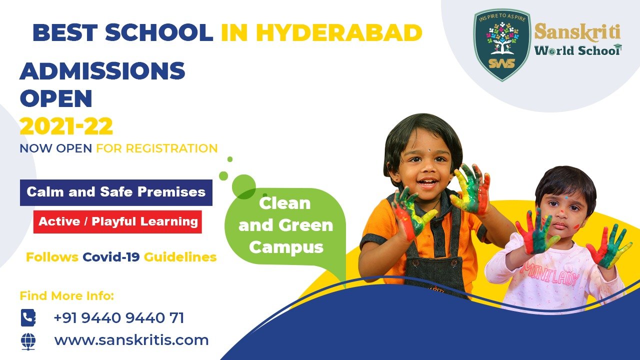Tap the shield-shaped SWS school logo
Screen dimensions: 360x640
point(501,44)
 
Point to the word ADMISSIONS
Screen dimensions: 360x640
point(102,71)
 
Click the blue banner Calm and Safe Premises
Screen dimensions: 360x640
point(116,192)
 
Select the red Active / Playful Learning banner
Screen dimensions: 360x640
point(117,221)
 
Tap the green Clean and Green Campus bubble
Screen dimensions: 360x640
point(285,225)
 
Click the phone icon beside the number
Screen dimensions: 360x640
point(28,317)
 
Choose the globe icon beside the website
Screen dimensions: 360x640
point(28,341)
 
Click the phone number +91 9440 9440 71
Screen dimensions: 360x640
point(118,317)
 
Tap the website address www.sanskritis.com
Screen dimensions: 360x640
point(131,340)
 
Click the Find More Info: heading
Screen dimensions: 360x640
point(67,295)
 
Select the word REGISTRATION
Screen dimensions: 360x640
point(171,148)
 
